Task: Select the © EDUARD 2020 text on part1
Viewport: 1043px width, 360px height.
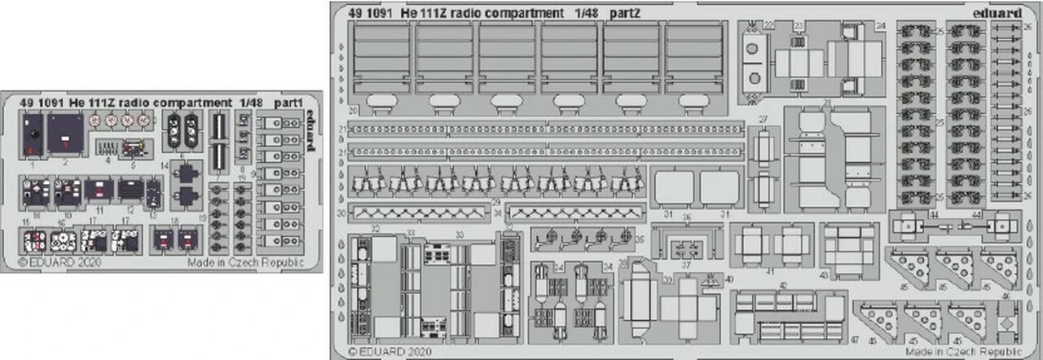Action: pos(51,262)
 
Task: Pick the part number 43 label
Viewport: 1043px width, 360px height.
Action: pos(825,275)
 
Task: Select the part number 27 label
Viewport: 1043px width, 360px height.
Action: pos(762,119)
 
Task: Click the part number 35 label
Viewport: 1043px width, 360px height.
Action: pos(638,239)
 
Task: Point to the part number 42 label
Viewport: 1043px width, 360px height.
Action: pos(782,285)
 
